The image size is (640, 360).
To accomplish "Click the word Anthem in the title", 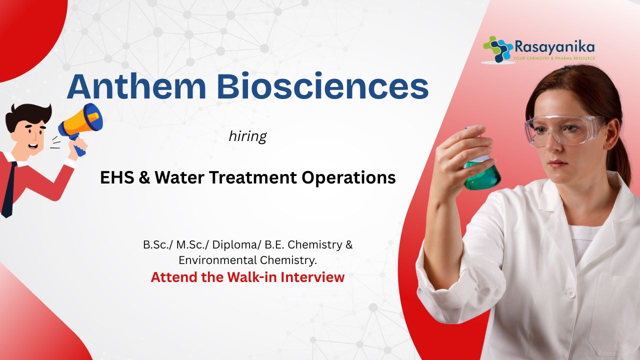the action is click(x=136, y=86).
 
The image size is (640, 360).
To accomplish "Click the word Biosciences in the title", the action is click(x=323, y=86).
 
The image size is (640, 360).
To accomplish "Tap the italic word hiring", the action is click(x=247, y=137).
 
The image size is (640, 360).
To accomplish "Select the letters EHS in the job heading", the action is click(x=117, y=177).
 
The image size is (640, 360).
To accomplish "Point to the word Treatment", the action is click(x=253, y=177).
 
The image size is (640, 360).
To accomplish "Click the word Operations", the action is click(x=348, y=177).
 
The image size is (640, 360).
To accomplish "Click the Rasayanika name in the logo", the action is click(x=554, y=47).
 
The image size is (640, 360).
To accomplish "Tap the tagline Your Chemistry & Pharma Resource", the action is click(x=554, y=58).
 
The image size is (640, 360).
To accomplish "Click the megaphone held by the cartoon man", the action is click(x=81, y=123).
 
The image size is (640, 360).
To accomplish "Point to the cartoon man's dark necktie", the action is click(x=7, y=188).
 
